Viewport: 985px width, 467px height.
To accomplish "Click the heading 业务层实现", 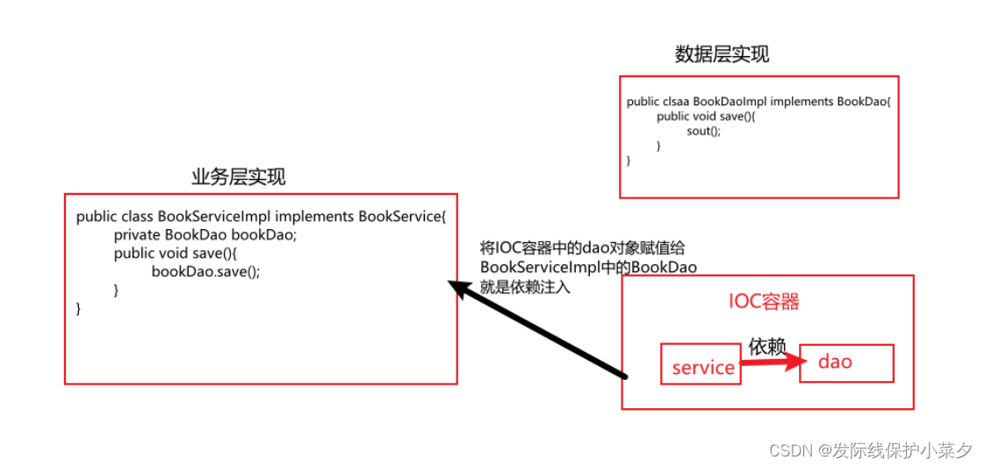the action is tap(238, 176).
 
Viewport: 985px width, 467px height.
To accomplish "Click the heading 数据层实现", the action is tap(722, 54).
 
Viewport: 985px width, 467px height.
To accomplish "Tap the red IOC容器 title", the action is tap(764, 302).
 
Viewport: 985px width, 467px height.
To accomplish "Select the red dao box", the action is tap(845, 362).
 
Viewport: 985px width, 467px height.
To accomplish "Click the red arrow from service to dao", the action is tap(773, 363).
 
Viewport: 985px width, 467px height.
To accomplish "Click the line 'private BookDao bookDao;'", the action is tap(205, 234).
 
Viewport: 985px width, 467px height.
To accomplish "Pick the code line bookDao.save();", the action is tap(205, 271).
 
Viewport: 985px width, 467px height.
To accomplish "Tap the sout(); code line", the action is tap(703, 131).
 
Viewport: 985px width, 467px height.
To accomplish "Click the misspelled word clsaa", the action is tap(674, 102).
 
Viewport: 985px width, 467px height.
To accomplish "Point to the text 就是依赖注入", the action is tap(525, 286).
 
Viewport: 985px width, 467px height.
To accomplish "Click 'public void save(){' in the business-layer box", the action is tap(176, 253).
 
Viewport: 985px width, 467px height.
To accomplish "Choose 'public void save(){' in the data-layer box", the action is tap(705, 116).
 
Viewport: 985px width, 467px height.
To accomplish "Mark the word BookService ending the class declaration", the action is tap(400, 216).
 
